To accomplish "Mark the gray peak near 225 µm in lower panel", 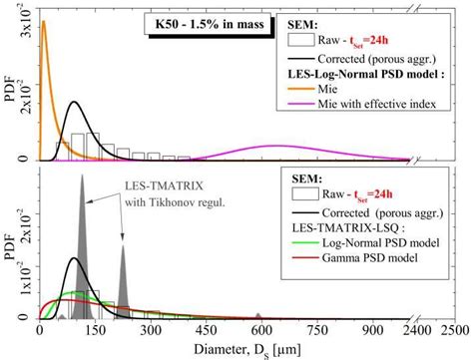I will (x=124, y=249).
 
